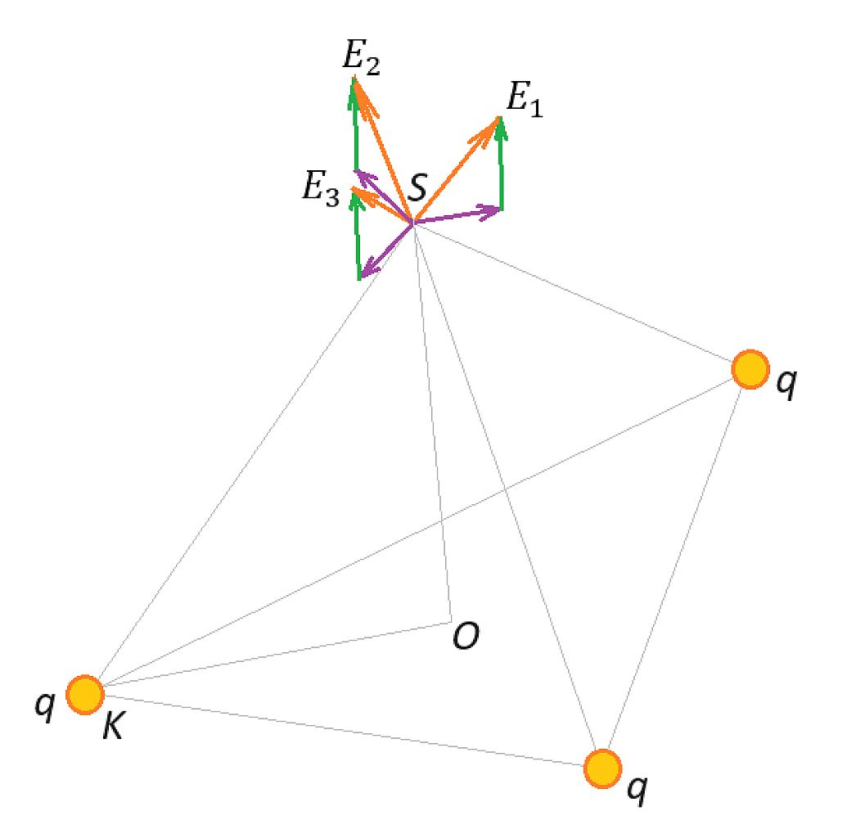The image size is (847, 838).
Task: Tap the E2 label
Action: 362,58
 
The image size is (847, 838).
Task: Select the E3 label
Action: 321,189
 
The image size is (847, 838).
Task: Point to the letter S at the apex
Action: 417,187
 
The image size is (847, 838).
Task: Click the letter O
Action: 466,635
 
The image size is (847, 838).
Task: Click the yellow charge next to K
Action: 85,695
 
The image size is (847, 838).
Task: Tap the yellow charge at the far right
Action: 750,370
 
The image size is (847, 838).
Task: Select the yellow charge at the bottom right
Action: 603,768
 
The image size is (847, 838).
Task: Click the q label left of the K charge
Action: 45,705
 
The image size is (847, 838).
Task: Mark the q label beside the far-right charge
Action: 786,384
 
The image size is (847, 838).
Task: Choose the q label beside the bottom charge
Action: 637,790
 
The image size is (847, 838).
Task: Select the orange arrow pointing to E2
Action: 383,150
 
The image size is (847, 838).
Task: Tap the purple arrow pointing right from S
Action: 457,214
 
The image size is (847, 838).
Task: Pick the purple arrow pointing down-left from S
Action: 387,250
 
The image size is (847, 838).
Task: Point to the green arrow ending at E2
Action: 354,124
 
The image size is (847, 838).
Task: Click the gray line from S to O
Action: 432,422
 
